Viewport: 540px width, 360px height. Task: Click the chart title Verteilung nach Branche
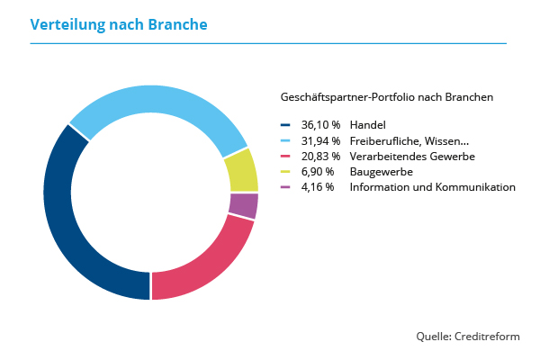(119, 24)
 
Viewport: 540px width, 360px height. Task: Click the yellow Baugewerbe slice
(240, 170)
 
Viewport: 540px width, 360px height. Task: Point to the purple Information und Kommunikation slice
(243, 205)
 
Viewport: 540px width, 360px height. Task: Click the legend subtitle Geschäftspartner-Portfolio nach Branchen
(386, 96)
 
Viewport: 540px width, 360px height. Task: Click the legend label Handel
(367, 126)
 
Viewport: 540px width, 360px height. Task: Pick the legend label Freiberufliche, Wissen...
(409, 141)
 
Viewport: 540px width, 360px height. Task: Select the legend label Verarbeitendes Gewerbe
(411, 157)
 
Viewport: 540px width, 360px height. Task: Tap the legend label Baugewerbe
(381, 172)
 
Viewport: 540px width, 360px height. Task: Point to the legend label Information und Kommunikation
(432, 187)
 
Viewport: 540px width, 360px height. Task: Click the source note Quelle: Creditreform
(467, 336)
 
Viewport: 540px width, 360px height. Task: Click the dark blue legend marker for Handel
(285, 126)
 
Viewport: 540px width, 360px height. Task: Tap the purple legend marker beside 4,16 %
(285, 187)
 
